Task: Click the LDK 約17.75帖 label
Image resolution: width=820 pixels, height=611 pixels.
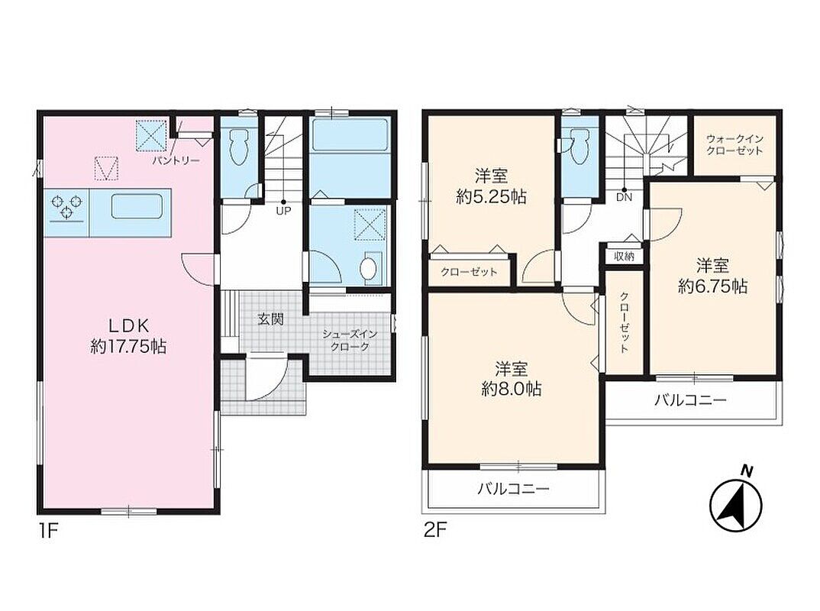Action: (x=128, y=336)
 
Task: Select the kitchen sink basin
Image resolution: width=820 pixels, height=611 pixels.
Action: (x=137, y=206)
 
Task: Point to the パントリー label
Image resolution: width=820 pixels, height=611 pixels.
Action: (x=176, y=160)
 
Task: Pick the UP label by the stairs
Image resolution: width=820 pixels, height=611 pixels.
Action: (x=283, y=211)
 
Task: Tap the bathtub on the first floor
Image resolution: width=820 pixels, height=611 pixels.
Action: (x=349, y=136)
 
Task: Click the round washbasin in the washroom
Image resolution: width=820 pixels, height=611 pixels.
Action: (x=369, y=268)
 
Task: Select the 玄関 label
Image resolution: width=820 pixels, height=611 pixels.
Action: (x=271, y=319)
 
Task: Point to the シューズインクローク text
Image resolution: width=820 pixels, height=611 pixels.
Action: (x=350, y=340)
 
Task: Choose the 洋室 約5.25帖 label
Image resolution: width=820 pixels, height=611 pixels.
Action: (x=492, y=186)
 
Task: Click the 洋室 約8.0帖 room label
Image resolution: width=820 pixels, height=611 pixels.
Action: (x=512, y=379)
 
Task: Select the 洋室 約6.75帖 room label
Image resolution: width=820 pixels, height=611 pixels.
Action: (x=713, y=276)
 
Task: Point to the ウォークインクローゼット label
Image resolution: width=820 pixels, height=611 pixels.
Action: (x=734, y=145)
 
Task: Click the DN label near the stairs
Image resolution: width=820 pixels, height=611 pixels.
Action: (x=624, y=197)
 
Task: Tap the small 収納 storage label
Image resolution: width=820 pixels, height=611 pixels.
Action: (x=625, y=257)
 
